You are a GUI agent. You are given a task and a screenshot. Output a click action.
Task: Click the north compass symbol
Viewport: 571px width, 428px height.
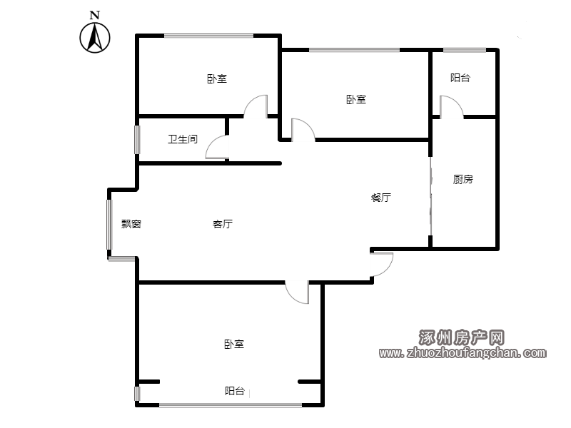point(95,38)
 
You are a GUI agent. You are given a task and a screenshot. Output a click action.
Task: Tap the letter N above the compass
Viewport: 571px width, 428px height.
point(95,15)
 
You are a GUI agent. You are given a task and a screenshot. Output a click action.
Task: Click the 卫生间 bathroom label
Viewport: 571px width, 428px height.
point(183,139)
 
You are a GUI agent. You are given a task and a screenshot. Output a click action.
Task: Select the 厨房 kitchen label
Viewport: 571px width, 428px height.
point(463,179)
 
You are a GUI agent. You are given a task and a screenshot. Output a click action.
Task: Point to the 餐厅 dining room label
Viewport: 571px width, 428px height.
point(381,198)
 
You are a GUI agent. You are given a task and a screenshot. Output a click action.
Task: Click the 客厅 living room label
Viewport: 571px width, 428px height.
point(223,224)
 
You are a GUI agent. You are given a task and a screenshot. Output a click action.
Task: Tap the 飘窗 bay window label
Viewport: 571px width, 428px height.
point(131,224)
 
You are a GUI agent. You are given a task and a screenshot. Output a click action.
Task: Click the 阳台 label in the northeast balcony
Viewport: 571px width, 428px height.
point(460,78)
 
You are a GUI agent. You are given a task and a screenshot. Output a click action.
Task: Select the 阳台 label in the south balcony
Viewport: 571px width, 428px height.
point(235,391)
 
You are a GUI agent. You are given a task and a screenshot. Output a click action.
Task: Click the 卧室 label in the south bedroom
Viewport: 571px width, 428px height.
point(234,344)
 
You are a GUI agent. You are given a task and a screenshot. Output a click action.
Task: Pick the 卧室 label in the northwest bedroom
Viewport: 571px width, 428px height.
point(217,78)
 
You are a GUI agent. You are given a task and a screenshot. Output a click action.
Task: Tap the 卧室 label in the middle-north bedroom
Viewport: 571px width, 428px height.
point(355,99)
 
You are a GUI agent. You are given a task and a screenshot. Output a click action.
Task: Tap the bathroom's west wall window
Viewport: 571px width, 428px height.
point(137,139)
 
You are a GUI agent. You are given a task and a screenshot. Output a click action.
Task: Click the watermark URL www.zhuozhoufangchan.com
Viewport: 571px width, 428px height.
point(463,352)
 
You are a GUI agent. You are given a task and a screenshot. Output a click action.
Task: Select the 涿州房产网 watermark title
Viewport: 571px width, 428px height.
point(461,337)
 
